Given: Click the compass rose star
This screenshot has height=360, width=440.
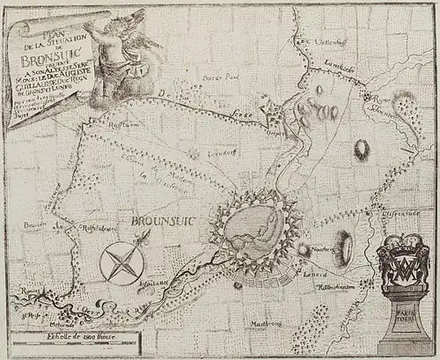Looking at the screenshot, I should (123, 262).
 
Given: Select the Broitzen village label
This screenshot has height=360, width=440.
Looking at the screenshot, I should (32, 224).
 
